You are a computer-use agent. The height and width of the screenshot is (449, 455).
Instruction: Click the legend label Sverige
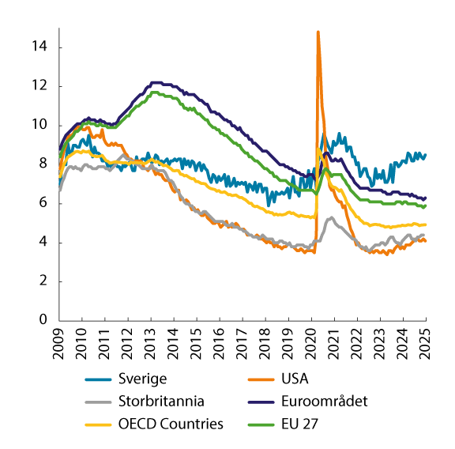pyautogui.click(x=141, y=379)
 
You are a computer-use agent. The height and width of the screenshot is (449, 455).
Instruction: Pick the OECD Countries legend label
pyautogui.click(x=171, y=424)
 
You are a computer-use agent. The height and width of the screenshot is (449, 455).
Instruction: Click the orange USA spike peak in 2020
pyautogui.click(x=318, y=32)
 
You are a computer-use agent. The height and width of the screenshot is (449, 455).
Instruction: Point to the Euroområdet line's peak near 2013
pyautogui.click(x=154, y=82)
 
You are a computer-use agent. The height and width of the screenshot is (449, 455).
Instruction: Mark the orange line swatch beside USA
pyautogui.click(x=257, y=379)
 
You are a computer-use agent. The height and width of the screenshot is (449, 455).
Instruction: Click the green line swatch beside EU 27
pyautogui.click(x=257, y=424)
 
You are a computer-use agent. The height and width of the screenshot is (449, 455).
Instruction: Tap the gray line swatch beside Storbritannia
pyautogui.click(x=99, y=402)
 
